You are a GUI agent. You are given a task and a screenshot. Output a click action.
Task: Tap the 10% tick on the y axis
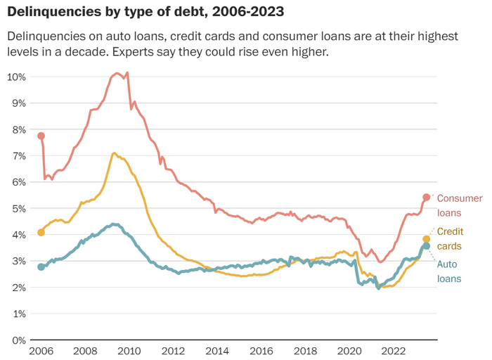[x=17, y=77]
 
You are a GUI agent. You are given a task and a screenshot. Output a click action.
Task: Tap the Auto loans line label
[x=450, y=271]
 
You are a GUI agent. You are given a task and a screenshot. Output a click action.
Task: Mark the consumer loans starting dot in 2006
[x=41, y=136]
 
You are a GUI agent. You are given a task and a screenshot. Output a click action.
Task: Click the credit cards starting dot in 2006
[x=41, y=232]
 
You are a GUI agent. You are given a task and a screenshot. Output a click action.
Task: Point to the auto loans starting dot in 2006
[x=41, y=266]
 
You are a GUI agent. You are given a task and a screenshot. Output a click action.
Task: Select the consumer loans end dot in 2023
[x=426, y=197]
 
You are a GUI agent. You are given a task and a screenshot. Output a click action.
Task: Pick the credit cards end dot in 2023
[x=426, y=239]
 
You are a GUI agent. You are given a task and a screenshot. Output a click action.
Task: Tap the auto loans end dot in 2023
[x=426, y=246]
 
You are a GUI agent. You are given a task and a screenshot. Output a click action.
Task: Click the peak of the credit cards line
[x=113, y=153]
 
